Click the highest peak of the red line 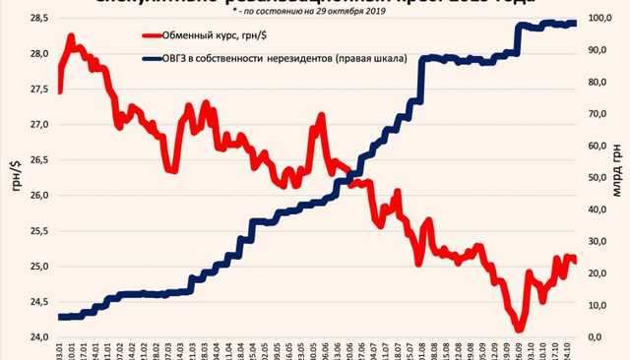pyautogui.click(x=71, y=37)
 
